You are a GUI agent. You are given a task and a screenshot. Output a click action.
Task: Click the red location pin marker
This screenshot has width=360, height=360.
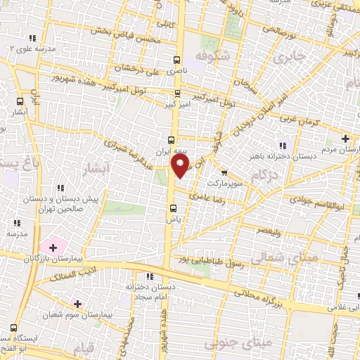click(181, 165)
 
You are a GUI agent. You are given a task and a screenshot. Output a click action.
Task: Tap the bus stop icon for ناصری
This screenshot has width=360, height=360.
click(176, 60)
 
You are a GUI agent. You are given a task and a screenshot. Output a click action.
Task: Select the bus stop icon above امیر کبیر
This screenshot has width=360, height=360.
click(176, 93)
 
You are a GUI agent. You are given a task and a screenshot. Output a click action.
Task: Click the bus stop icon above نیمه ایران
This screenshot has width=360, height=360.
click(171, 139)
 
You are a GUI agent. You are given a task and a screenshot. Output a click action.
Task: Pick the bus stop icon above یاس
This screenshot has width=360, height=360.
click(173, 207)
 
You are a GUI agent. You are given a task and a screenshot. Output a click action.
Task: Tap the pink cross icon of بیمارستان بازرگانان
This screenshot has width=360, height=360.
click(52, 247)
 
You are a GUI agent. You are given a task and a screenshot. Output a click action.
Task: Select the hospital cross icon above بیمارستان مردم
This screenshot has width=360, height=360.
click(345, 139)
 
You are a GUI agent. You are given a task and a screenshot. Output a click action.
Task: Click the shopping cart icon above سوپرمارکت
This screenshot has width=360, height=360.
click(224, 172)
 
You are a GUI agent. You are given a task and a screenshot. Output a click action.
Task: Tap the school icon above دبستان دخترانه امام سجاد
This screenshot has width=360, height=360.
click(148, 276)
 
